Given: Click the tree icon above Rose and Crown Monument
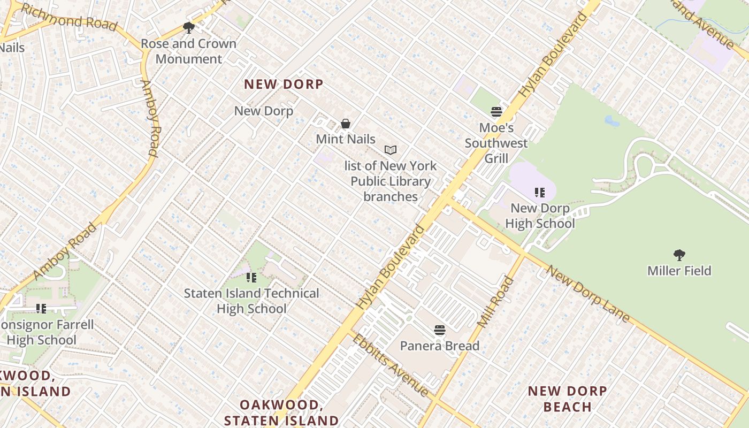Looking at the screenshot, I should pyautogui.click(x=188, y=27).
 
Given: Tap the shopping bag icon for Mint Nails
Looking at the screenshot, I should pyautogui.click(x=346, y=124).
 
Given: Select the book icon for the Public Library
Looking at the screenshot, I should pyautogui.click(x=391, y=150).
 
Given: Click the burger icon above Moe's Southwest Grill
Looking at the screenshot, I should pyautogui.click(x=496, y=112).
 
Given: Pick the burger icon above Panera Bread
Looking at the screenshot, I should pyautogui.click(x=440, y=330).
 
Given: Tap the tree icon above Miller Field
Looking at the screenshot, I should pyautogui.click(x=679, y=255).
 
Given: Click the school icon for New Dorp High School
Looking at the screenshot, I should pyautogui.click(x=540, y=192).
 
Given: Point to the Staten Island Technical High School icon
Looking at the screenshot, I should pyautogui.click(x=251, y=277).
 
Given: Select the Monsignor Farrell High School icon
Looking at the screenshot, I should pyautogui.click(x=41, y=308).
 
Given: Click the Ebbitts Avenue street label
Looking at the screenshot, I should pyautogui.click(x=391, y=365).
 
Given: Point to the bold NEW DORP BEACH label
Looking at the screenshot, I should pyautogui.click(x=568, y=399).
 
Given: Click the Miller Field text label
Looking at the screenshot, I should pyautogui.click(x=679, y=271).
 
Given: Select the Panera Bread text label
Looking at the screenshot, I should pyautogui.click(x=440, y=346).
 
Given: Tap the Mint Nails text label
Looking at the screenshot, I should pyautogui.click(x=346, y=139).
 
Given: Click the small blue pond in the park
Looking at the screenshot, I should pyautogui.click(x=612, y=121).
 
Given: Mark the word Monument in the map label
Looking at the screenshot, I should pyautogui.click(x=189, y=59).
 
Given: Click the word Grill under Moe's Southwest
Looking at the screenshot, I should pyautogui.click(x=496, y=158).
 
